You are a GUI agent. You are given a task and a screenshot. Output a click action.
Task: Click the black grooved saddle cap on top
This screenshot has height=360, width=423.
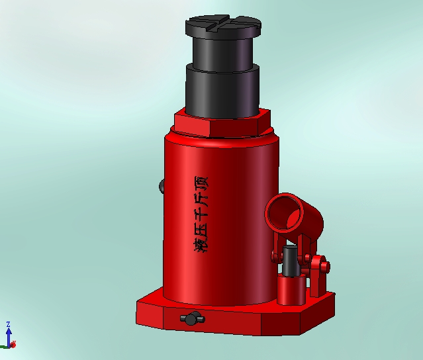click(x=223, y=27)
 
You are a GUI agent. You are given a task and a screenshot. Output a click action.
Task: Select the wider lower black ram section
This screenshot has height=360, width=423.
click(x=223, y=92)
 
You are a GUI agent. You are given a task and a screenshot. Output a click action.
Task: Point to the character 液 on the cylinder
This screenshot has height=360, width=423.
click(x=201, y=244)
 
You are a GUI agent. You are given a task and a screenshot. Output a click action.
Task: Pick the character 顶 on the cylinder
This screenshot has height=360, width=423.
click(x=201, y=183)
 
